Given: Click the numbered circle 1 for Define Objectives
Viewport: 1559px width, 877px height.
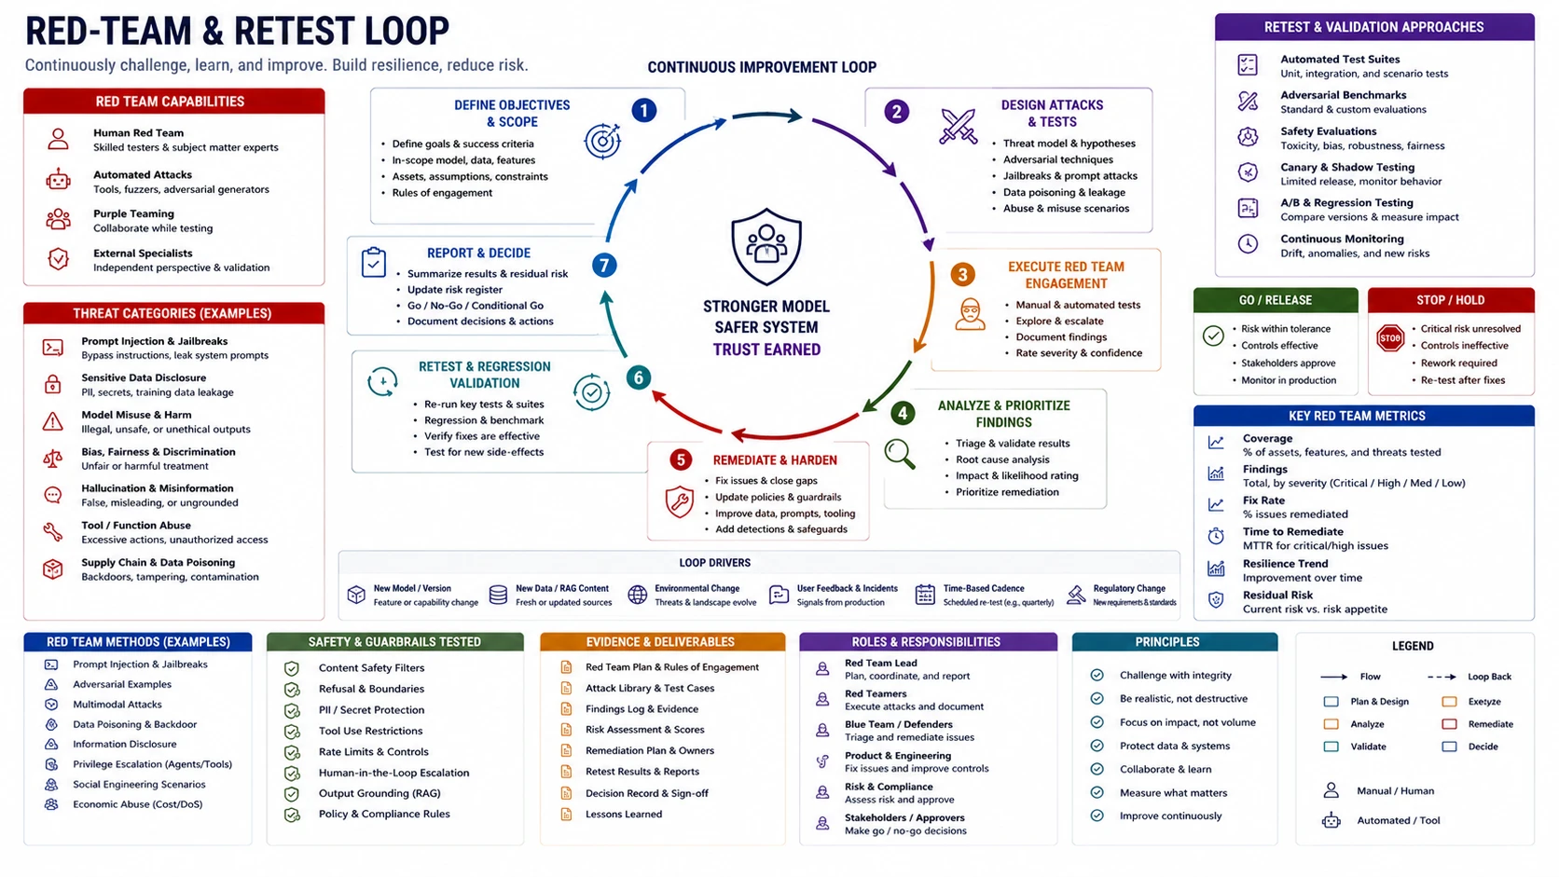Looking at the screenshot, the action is click(643, 111).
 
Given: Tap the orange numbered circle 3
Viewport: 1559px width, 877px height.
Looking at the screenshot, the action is click(962, 275).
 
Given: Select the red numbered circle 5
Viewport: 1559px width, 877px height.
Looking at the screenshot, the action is click(680, 459).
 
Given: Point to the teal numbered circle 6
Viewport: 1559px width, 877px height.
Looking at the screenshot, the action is click(638, 377).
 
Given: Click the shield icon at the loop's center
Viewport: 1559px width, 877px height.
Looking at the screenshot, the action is click(766, 246).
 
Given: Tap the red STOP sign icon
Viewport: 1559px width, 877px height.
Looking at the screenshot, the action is click(1390, 338).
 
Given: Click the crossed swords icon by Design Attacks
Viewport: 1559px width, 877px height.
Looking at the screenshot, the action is click(959, 127).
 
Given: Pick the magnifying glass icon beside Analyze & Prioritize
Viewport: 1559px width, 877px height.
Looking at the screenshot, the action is click(899, 454).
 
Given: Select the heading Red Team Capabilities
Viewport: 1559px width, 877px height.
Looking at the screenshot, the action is click(170, 102).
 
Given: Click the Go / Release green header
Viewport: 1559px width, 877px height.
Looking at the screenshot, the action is click(1275, 300).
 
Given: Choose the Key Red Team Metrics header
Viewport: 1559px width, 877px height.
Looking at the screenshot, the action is click(1358, 416).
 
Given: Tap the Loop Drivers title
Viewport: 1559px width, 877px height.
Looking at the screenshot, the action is click(715, 563).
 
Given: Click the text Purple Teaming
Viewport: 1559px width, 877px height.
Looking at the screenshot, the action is click(133, 213).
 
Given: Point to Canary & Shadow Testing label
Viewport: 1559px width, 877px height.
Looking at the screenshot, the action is click(1347, 167).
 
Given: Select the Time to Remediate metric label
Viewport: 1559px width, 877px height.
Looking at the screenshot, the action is click(1293, 531).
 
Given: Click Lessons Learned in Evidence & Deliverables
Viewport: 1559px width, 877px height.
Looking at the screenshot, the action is click(624, 814).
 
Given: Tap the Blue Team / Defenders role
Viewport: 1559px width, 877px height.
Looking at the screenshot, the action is click(899, 724).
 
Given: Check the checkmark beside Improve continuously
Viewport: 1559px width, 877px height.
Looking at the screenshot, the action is click(1097, 815).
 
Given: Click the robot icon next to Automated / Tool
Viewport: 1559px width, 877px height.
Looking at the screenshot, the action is click(1331, 821).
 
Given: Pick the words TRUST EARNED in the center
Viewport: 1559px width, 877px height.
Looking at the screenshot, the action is click(766, 349).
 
